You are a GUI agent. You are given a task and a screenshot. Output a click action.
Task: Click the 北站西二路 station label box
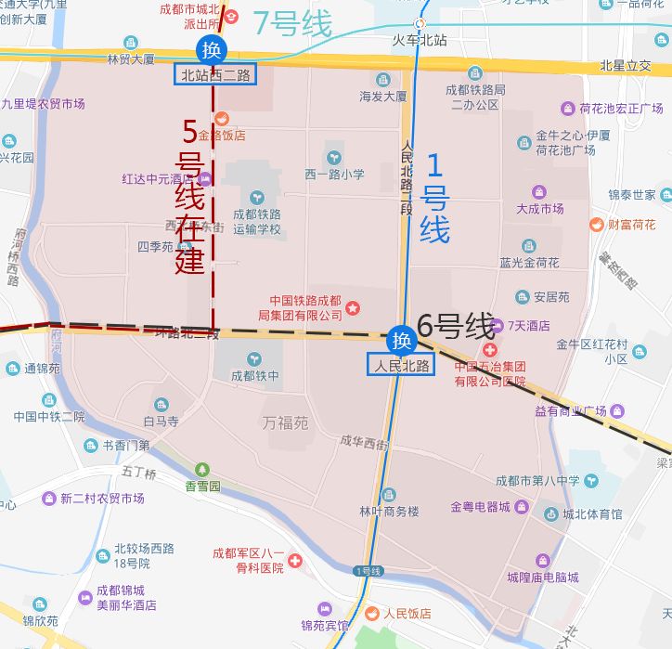[216, 75]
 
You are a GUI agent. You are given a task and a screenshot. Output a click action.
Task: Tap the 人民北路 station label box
[401, 365]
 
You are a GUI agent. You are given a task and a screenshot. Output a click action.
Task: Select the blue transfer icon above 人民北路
[401, 340]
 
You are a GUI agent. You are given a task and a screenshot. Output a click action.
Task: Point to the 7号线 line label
[291, 24]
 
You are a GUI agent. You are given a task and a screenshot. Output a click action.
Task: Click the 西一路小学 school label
[334, 174]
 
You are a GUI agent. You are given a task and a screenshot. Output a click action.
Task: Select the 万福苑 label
[284, 423]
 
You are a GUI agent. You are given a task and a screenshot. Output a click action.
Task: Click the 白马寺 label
[161, 421]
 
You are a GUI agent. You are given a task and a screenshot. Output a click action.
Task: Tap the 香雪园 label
[202, 486]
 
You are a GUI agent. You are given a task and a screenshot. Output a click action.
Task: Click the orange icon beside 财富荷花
[597, 224]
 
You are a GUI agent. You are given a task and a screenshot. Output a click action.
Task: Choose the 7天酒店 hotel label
[529, 326]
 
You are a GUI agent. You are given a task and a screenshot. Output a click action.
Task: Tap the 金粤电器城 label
[480, 507]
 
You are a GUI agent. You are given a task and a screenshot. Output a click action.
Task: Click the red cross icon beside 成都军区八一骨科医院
[294, 561]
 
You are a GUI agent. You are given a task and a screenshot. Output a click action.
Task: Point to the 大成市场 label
[540, 208]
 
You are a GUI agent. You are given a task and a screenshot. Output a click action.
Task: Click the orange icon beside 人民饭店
[371, 613]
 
